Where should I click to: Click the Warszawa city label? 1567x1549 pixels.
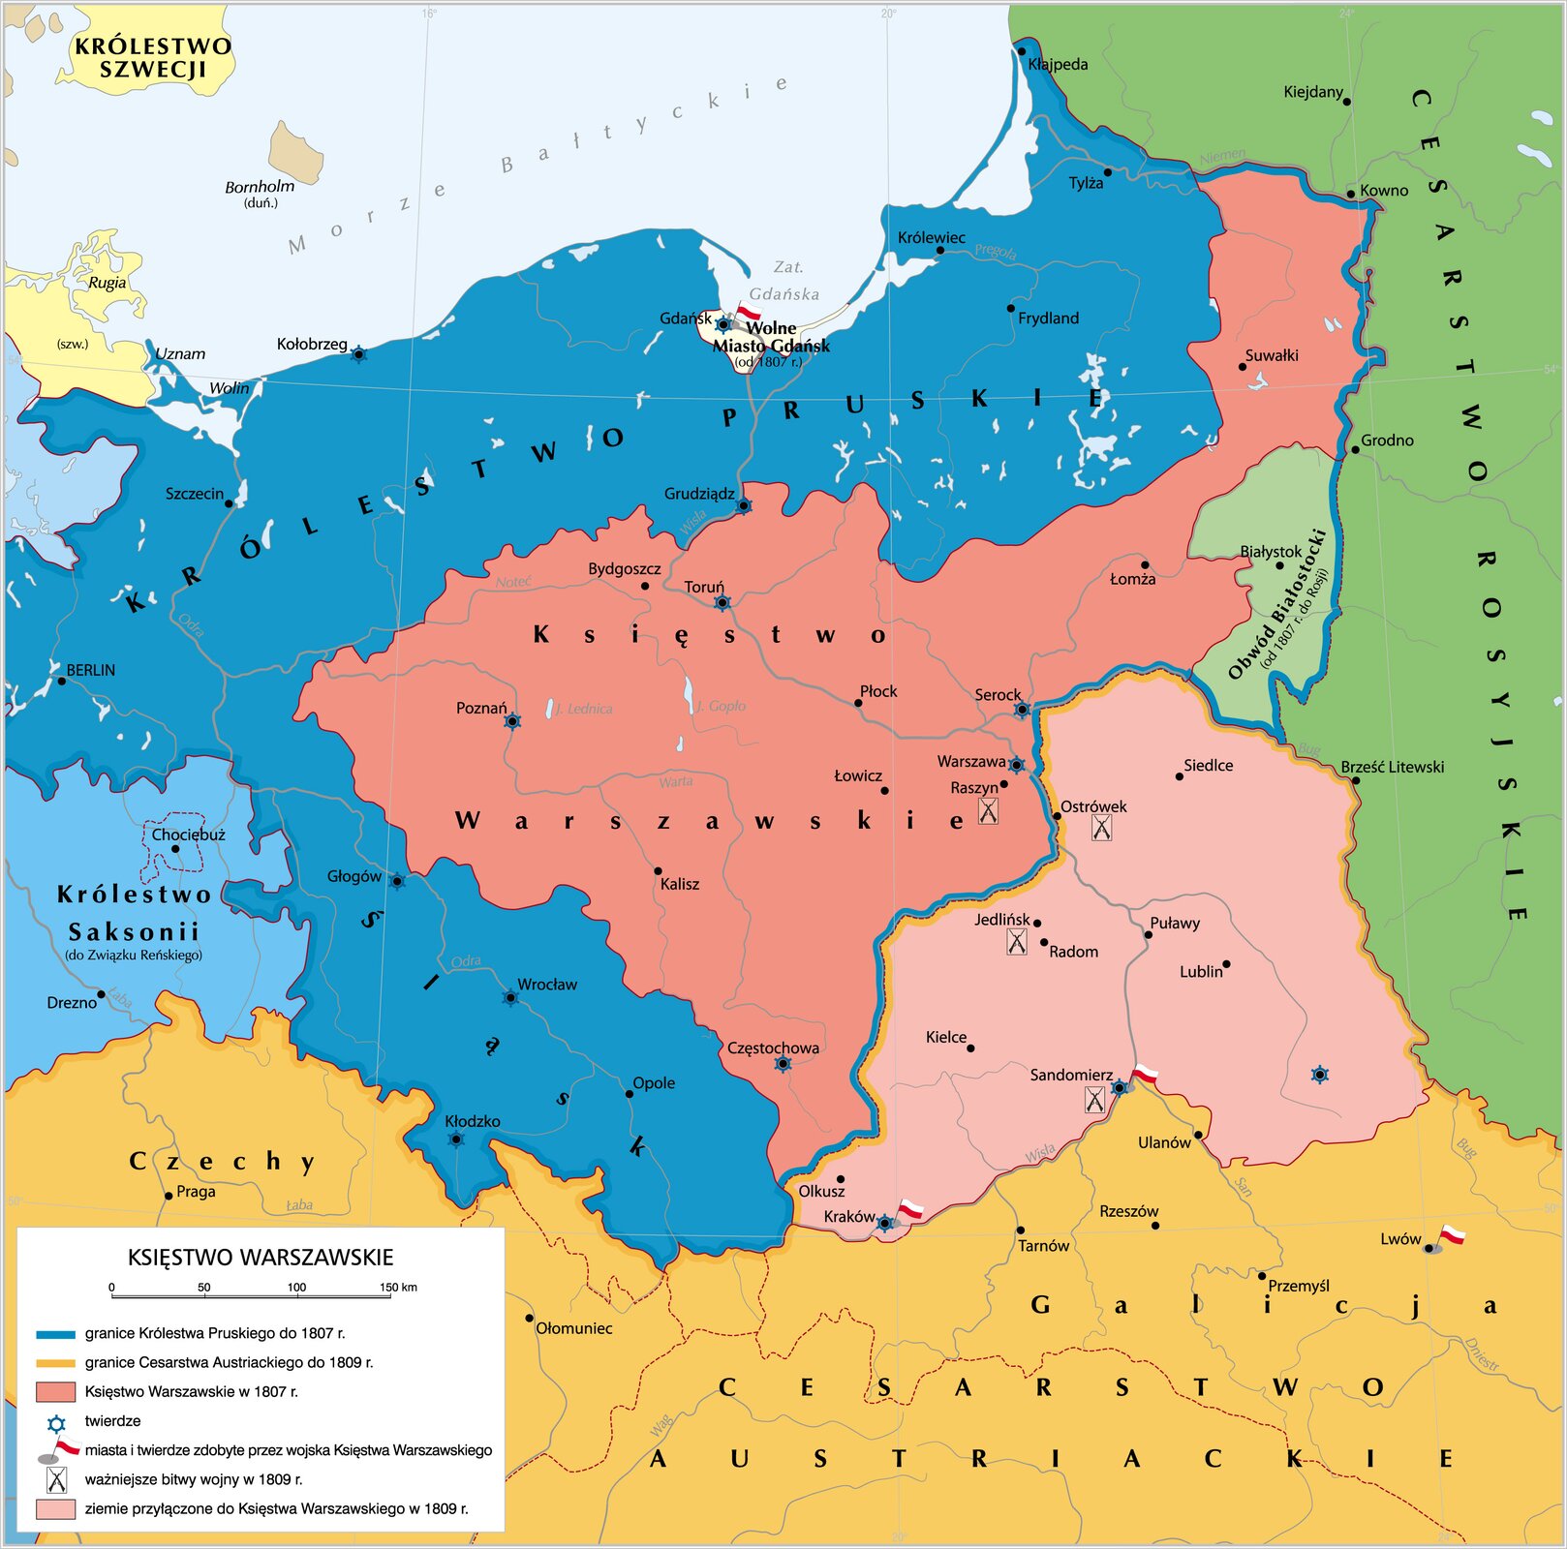tap(970, 762)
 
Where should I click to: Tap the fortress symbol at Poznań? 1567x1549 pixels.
tap(513, 721)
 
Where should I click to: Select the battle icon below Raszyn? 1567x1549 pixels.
tap(988, 810)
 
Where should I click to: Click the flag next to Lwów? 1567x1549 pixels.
tap(1450, 1236)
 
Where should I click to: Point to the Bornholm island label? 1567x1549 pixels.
tap(260, 187)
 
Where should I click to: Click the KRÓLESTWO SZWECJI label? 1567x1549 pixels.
tap(153, 57)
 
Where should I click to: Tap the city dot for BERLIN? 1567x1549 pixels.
tap(62, 681)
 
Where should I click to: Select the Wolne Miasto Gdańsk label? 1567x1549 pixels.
tap(771, 337)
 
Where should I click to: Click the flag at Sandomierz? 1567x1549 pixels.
tap(1145, 1074)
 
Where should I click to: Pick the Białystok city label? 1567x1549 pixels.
tap(1271, 552)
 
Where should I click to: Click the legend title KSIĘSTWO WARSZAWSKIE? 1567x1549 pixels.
tap(261, 1258)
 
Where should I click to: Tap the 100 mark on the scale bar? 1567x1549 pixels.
tap(296, 1288)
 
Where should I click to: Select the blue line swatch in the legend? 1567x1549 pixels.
tap(55, 1334)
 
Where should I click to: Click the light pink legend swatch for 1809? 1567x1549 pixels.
tap(55, 1508)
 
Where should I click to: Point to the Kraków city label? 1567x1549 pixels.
tap(849, 1217)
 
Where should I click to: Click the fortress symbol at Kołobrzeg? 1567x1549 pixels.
tap(358, 354)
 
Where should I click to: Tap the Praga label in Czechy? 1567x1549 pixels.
tap(196, 1192)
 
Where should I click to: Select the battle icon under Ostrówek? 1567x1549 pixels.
tap(1101, 828)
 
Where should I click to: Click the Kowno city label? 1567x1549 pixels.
tap(1384, 191)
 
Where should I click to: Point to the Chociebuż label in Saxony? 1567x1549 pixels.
tap(189, 835)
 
